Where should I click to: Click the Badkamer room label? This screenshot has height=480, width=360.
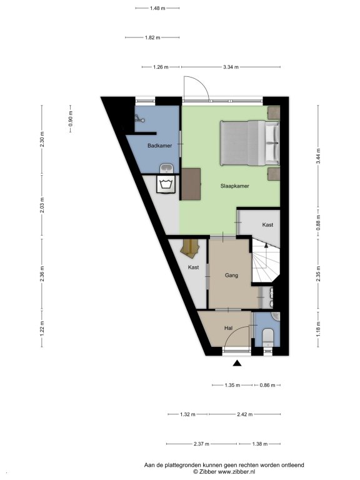click(159, 146)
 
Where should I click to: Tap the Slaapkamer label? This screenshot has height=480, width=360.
click(234, 186)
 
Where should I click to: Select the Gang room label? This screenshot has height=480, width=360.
click(231, 275)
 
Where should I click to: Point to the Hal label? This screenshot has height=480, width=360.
click(228, 328)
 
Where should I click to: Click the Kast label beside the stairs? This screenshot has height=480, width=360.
click(267, 225)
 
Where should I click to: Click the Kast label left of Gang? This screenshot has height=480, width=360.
click(193, 267)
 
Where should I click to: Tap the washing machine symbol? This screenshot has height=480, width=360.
click(166, 184)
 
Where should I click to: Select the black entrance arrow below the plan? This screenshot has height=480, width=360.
click(237, 363)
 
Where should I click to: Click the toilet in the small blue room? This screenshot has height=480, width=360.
click(269, 337)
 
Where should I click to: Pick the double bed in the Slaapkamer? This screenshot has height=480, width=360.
click(250, 143)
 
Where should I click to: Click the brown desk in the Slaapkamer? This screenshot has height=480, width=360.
click(191, 184)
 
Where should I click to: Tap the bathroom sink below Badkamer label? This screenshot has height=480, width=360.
click(166, 168)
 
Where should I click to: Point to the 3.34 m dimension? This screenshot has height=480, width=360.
click(231, 67)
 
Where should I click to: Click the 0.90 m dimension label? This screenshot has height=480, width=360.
click(71, 119)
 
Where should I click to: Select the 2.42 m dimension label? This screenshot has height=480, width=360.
click(244, 414)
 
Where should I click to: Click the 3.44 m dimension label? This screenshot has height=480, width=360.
click(318, 156)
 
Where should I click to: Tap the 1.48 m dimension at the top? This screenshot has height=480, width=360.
click(157, 8)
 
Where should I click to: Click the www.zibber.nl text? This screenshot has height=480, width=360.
click(236, 472)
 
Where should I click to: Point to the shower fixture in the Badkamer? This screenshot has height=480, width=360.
click(139, 118)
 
